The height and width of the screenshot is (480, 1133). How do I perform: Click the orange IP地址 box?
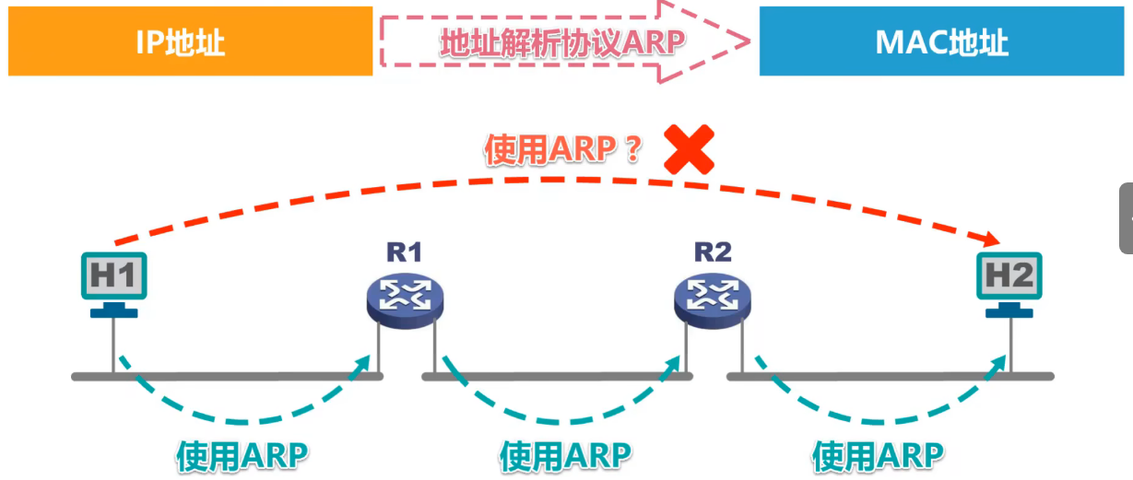(190, 41)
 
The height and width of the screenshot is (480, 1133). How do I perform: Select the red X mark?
(690, 151)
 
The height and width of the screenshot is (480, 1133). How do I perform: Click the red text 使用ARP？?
(563, 150)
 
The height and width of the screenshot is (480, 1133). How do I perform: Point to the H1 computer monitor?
(112, 275)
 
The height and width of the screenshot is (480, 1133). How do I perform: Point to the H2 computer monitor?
(1009, 275)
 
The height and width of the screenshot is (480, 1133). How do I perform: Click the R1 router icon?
(404, 295)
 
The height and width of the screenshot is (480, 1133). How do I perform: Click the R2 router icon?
(712, 295)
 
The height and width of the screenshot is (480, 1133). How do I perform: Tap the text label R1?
(404, 252)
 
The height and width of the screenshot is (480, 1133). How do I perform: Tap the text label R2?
(713, 252)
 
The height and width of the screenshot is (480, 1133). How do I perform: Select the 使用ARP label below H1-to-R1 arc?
(242, 455)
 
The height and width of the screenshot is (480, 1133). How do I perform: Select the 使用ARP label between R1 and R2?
(565, 455)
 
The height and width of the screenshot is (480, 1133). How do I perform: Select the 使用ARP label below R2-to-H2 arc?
(879, 455)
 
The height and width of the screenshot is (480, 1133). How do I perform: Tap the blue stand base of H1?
(113, 313)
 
